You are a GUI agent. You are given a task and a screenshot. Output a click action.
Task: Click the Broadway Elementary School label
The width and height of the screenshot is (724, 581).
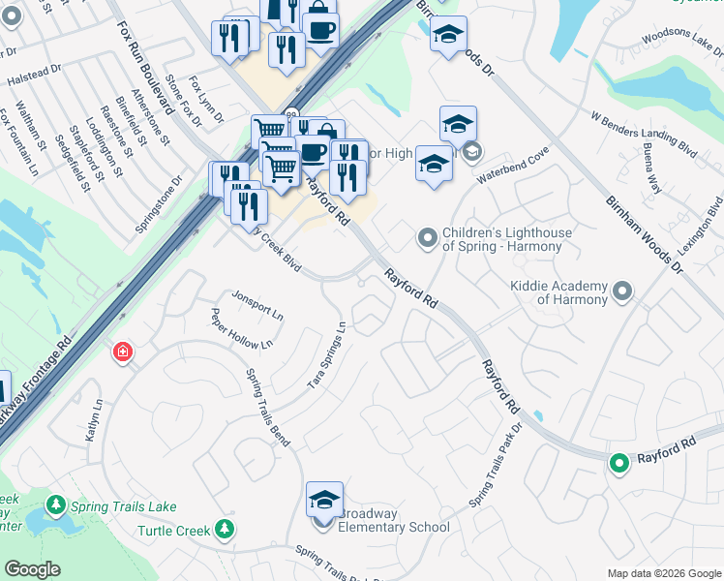(x=392, y=527)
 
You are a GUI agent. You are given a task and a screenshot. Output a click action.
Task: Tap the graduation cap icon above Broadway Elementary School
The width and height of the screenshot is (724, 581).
(x=324, y=500)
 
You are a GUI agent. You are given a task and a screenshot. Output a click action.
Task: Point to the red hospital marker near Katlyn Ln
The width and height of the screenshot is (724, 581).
(x=123, y=352)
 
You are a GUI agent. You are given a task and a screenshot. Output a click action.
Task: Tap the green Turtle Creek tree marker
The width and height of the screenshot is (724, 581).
(x=225, y=529)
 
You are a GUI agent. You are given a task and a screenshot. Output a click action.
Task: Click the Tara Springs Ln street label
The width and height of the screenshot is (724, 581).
(x=327, y=355)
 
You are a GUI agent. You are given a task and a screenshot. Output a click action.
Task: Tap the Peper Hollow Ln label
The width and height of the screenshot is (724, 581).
(x=242, y=328)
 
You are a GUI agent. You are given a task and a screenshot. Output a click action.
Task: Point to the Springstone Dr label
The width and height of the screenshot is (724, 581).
(x=159, y=204)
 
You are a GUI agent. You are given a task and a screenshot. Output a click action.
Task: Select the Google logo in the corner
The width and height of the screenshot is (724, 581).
(x=33, y=569)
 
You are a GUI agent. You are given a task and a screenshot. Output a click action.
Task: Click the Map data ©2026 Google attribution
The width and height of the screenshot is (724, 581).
(x=663, y=573)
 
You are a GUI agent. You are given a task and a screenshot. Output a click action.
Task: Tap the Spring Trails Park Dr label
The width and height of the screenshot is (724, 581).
(x=495, y=465)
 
